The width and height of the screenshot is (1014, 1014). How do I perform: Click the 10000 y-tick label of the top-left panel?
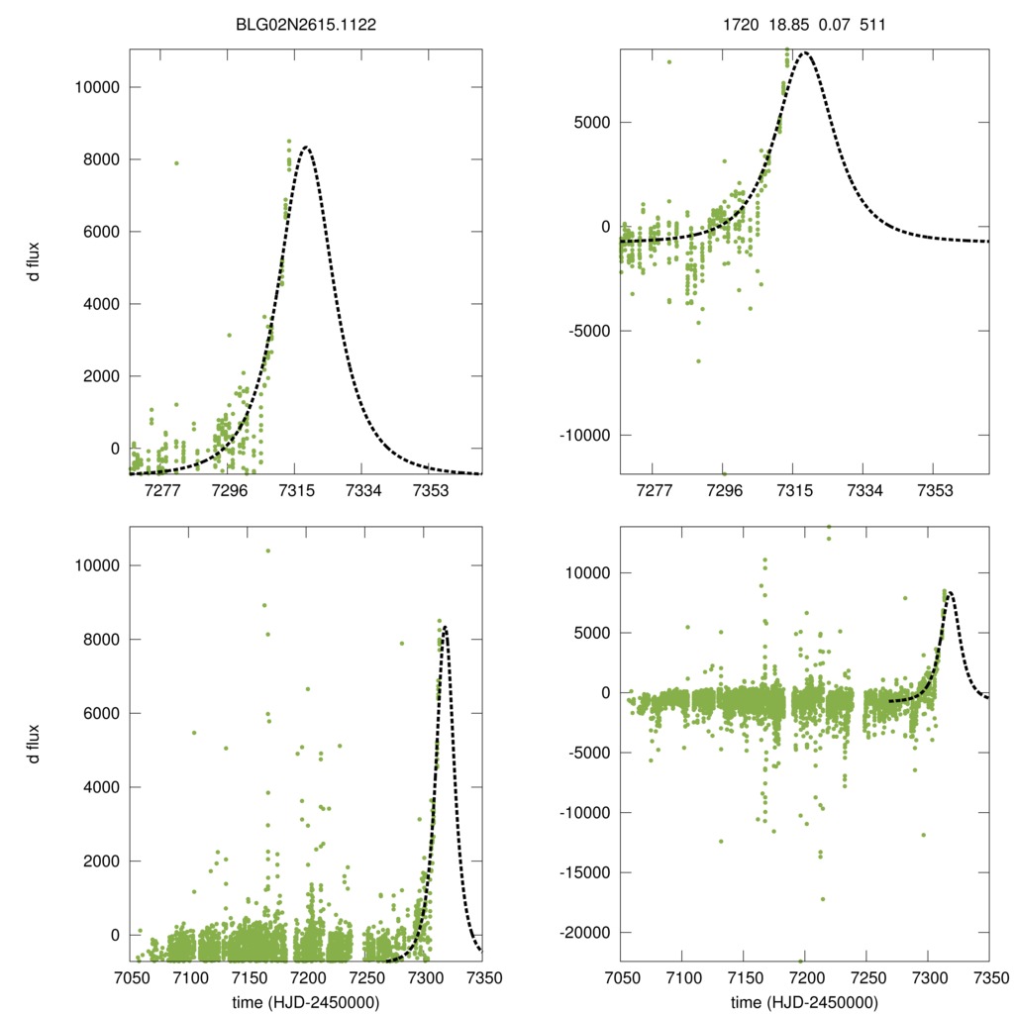point(97,87)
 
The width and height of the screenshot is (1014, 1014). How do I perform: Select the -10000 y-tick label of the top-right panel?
point(585,435)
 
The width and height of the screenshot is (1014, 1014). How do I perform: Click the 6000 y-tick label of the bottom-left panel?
point(101,713)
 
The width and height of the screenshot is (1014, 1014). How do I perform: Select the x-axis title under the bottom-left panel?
point(307,1001)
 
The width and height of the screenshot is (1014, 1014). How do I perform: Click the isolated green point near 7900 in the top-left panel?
point(177,163)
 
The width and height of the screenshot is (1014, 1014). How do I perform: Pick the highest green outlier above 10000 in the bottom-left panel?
point(267,551)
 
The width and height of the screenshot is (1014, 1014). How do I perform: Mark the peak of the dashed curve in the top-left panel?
point(306,148)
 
